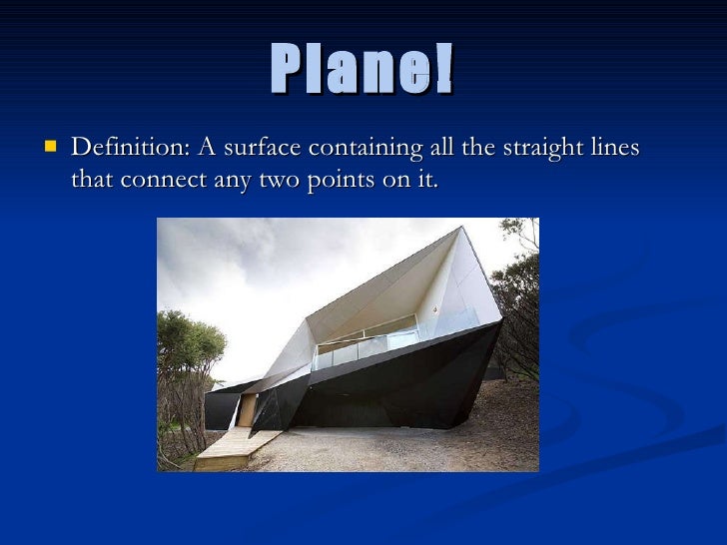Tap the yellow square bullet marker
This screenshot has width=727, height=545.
[x=50, y=149]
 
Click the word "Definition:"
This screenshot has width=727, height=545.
[x=130, y=149]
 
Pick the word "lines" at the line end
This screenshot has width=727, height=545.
[x=611, y=149]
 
